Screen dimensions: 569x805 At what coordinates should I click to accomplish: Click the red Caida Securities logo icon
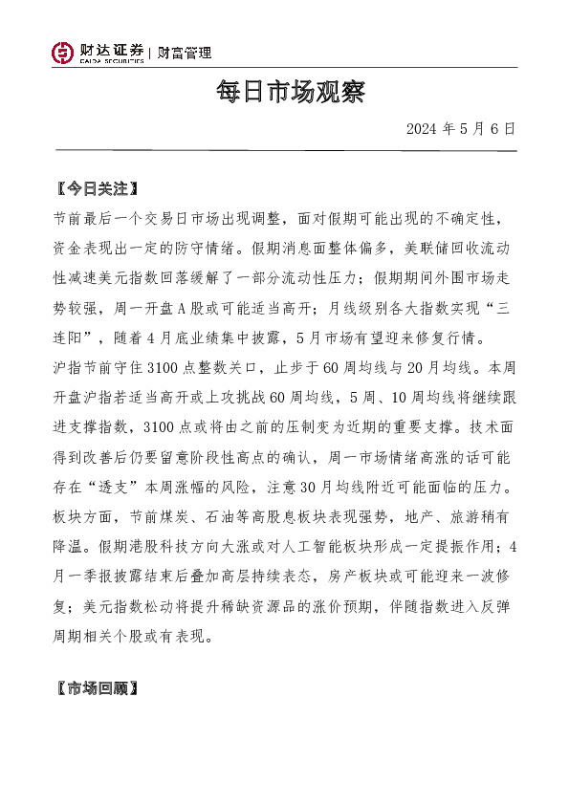click(x=62, y=54)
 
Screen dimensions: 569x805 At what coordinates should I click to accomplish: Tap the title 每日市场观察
click(x=285, y=94)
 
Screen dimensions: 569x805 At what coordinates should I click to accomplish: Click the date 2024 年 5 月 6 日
click(x=460, y=128)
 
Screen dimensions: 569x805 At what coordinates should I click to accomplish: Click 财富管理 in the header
click(x=185, y=54)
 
